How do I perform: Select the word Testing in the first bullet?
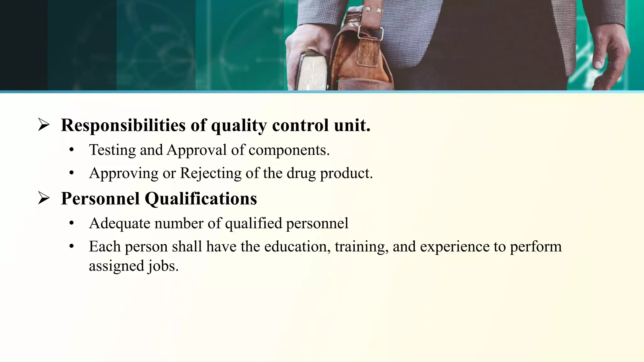(x=112, y=150)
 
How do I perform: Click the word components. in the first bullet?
(x=289, y=150)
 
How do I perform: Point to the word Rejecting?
(x=211, y=173)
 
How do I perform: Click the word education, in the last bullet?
(x=297, y=246)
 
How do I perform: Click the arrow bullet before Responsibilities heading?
(x=43, y=125)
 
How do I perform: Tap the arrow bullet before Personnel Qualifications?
(x=43, y=198)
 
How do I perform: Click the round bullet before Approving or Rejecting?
(x=72, y=173)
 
